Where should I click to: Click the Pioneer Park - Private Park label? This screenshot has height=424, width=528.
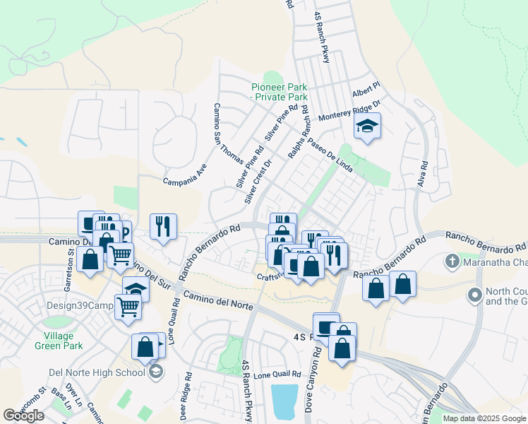click(280, 92)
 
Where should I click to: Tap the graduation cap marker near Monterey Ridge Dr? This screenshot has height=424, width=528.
click(367, 126)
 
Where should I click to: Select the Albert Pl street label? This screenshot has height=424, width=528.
click(366, 90)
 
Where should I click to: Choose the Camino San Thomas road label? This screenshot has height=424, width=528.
click(228, 134)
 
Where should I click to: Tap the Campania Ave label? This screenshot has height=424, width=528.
click(185, 177)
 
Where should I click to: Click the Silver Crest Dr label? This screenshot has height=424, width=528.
click(258, 182)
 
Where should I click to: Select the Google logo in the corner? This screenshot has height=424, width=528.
click(23, 416)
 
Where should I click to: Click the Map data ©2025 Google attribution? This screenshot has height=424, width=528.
click(484, 418)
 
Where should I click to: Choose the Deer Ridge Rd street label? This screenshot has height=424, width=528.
click(185, 397)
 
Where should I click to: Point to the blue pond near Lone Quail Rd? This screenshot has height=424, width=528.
click(284, 401)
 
